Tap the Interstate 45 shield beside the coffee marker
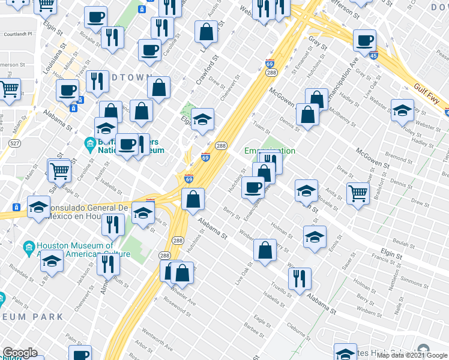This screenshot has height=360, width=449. pos(374,56)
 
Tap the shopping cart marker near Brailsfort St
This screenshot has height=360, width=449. pos(358,193)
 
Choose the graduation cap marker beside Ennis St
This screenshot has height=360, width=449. pos(315,236)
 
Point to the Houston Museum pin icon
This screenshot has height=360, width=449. pos(28,247)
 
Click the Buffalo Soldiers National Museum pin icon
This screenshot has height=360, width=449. pos(89,143)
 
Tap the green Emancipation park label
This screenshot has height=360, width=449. pos(270,151)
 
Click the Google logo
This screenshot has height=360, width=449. pos(19,353)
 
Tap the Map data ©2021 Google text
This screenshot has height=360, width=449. pos(412,355)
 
